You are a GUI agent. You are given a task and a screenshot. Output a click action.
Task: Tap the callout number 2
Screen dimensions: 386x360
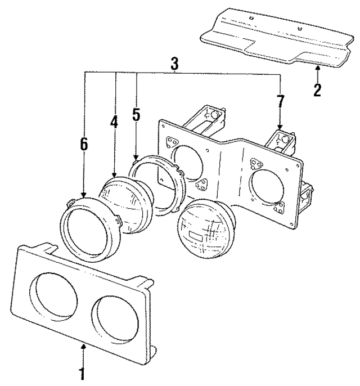(x=318, y=89)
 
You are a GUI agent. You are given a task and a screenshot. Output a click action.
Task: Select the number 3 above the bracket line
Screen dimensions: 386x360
(x=174, y=64)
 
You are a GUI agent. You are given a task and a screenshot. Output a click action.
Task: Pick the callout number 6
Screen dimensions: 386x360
(x=84, y=145)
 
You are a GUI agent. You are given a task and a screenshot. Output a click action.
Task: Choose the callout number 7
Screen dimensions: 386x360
(x=280, y=102)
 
